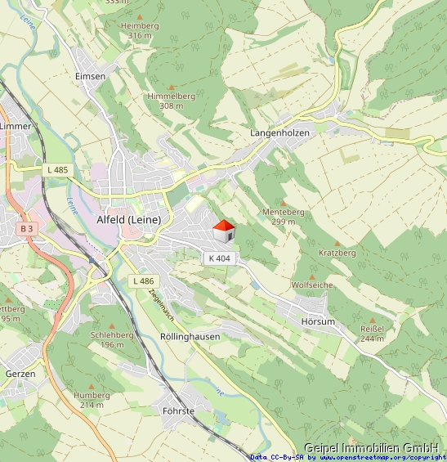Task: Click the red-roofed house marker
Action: coord(224,231)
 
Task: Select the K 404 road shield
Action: coord(219,258)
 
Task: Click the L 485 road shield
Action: coord(58,169)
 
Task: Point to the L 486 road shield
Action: coord(142,280)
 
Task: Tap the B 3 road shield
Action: coord(27,228)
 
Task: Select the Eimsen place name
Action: coord(90,76)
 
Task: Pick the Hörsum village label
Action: coord(318,321)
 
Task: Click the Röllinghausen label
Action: coord(190,336)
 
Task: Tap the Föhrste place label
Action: coord(179,410)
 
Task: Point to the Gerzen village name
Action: coord(20,373)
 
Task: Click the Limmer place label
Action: coord(15,126)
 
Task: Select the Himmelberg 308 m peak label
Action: coord(172,101)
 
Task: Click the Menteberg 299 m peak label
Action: coord(283,216)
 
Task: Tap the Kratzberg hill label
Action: coord(337,253)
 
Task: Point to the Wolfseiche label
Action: coord(312,285)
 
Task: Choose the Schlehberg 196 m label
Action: coord(112,339)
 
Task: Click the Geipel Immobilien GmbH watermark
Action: coord(371,447)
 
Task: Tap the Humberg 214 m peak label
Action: coord(91,399)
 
